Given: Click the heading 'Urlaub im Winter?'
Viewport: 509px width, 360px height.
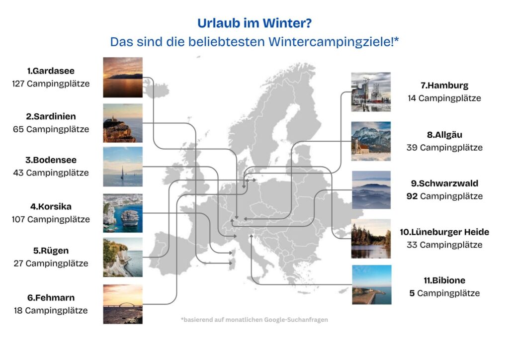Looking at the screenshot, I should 254,23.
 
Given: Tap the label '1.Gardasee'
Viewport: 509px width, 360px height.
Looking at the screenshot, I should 51,71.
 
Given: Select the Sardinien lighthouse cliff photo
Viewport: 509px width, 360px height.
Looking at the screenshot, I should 123,123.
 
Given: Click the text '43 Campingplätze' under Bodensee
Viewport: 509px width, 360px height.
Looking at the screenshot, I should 51,173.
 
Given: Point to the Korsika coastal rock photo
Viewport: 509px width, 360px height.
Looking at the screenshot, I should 123,213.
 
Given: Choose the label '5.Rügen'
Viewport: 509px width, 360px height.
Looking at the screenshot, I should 51,251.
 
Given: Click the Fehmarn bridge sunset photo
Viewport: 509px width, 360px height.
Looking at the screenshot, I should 123,304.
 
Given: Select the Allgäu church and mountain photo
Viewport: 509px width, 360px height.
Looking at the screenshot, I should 371,141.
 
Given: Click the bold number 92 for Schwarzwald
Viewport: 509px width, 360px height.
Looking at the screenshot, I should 412,196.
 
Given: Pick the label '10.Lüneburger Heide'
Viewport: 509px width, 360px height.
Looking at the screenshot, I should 444,232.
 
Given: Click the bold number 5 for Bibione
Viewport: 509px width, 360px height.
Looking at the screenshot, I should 412,293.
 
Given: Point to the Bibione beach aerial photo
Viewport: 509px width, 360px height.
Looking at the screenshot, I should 371,284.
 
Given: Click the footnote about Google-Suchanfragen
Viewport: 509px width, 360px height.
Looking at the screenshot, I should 254,320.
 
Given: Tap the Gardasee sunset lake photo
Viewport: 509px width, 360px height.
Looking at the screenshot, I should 123,77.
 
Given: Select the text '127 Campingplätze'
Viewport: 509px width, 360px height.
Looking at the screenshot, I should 51,84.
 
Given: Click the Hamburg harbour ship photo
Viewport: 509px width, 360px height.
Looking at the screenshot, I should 371,92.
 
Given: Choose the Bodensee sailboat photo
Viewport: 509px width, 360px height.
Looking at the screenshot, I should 123,167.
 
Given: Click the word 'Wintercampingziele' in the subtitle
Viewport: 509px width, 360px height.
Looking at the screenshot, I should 330,42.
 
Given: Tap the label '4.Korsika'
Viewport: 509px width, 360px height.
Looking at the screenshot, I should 51,207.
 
